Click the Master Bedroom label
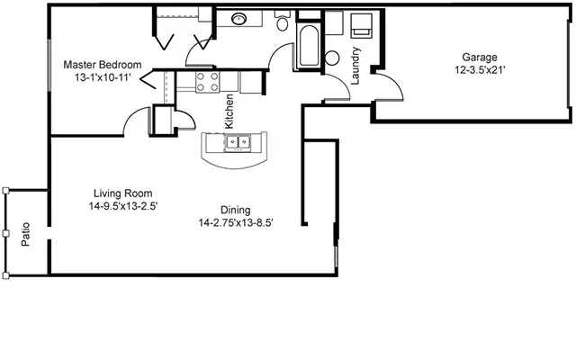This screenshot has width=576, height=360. (x=103, y=65)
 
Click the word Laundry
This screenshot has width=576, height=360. (x=355, y=65)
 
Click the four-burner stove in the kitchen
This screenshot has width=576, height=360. (x=207, y=82)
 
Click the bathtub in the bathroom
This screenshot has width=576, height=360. (x=307, y=46)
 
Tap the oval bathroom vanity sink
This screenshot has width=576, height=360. (x=242, y=18)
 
